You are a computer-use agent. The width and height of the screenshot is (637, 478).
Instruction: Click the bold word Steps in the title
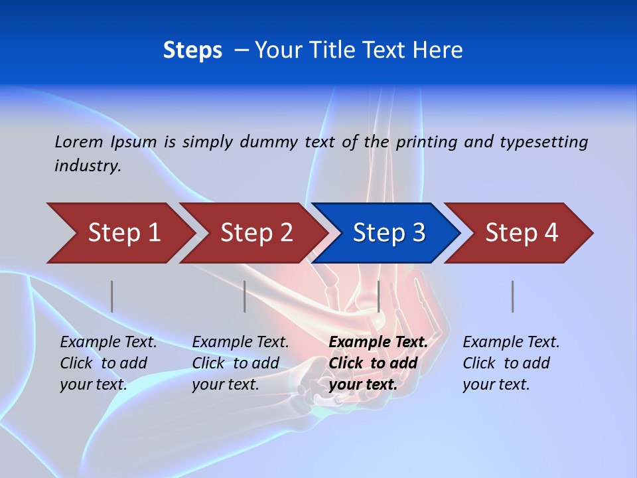pos(192,50)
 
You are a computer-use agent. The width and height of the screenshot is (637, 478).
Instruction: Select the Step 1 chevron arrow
pos(119,233)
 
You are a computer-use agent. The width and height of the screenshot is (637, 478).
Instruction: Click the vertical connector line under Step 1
pos(112,296)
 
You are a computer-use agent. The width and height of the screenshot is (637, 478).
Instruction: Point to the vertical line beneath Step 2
pos(245,296)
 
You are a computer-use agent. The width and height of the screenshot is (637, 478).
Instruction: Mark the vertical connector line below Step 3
pos(378,296)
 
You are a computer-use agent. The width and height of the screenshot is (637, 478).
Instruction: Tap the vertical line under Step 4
pos(513,296)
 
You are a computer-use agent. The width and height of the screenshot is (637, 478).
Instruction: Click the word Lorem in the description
pos(79,142)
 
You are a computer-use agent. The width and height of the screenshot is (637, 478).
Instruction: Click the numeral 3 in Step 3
pos(418,233)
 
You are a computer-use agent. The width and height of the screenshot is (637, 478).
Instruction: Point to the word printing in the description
pos(427,142)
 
